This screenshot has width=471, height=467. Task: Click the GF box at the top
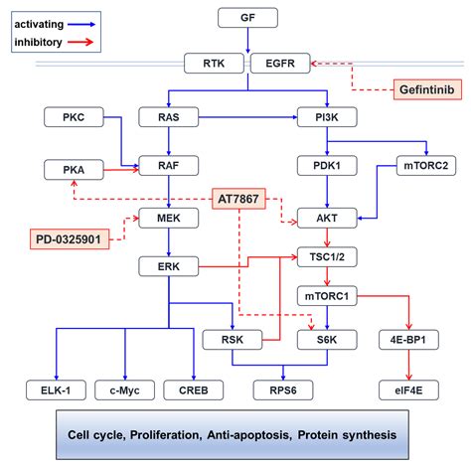[x=248, y=18]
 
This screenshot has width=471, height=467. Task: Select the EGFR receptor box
[x=278, y=65]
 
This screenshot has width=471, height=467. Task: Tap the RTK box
[x=214, y=65]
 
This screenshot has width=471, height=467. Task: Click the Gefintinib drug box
[x=426, y=89]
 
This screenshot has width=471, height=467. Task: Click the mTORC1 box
[x=325, y=295]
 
